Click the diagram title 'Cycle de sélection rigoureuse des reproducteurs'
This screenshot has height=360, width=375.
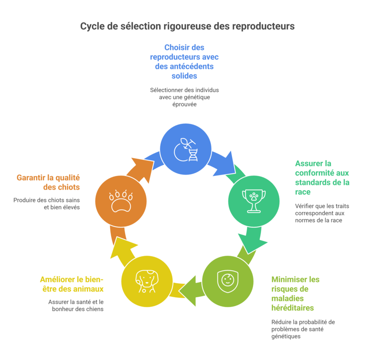coord(187,26)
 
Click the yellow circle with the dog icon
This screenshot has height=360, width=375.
coord(146,281)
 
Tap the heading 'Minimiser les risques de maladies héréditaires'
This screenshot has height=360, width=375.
coord(295,294)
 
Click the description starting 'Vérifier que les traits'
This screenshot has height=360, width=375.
coord(322,213)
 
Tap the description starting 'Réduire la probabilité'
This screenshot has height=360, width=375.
coord(303,329)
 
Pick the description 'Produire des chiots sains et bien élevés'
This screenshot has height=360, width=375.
coord(47,204)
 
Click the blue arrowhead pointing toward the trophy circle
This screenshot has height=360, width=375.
coord(225,162)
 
